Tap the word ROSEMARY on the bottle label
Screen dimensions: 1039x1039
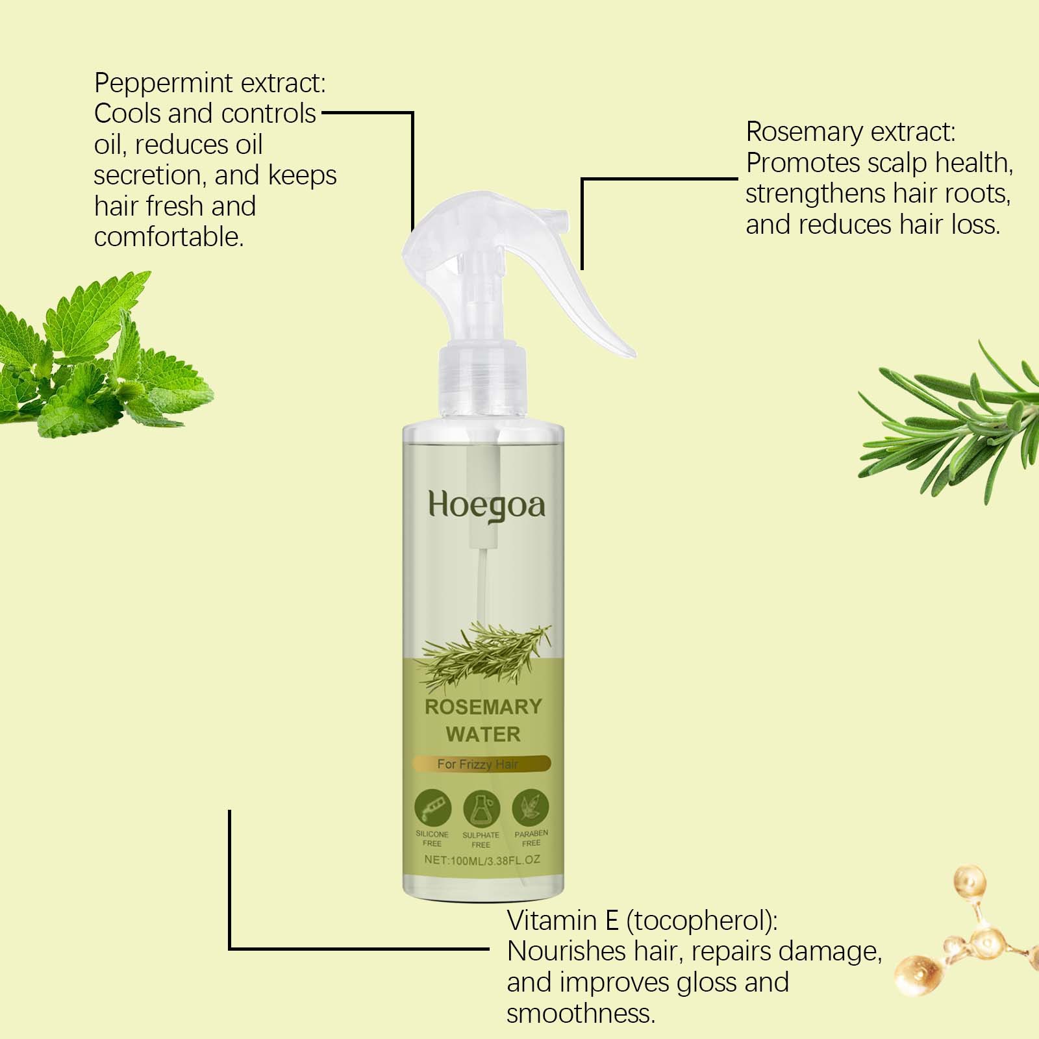[x=483, y=707]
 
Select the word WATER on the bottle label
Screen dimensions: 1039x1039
[x=483, y=734]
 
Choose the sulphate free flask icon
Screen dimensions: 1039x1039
[x=481, y=809]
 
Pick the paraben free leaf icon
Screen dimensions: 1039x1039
[x=530, y=808]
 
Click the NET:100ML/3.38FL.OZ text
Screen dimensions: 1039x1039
[x=482, y=860]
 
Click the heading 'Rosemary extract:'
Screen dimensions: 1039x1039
[x=851, y=132]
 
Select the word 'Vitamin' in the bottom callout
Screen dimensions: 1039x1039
[x=552, y=920]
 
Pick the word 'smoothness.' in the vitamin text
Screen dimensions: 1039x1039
[x=581, y=1013]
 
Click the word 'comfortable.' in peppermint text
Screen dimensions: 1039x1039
[x=169, y=237]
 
